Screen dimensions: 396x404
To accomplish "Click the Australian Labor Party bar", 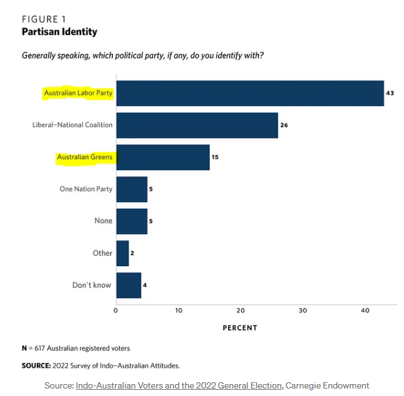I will [x=250, y=93].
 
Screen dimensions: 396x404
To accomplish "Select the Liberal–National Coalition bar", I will [x=197, y=125].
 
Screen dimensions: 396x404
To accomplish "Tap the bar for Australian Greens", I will [x=162, y=157].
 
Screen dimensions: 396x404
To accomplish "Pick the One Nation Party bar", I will [x=132, y=189].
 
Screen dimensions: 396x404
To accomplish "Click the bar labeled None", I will [x=132, y=221].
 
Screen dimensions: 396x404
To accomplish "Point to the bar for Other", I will [x=122, y=253].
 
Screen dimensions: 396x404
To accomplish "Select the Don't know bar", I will [x=129, y=285].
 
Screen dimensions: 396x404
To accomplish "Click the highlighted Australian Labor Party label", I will [x=78, y=93].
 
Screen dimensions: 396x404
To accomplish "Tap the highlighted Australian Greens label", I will [x=85, y=157].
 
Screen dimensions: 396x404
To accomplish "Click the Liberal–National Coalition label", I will [x=72, y=125].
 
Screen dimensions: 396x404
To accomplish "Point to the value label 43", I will [x=390, y=93].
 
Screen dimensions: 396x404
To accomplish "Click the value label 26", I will [x=284, y=125].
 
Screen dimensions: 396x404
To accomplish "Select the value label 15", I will [x=215, y=157].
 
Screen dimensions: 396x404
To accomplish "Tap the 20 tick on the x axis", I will [x=241, y=310].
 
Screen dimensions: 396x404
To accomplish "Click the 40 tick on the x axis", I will [x=365, y=310].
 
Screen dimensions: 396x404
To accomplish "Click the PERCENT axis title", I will [x=240, y=328].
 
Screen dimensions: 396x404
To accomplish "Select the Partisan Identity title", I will [x=59, y=31].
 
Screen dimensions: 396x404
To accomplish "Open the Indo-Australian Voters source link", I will [x=179, y=385].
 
